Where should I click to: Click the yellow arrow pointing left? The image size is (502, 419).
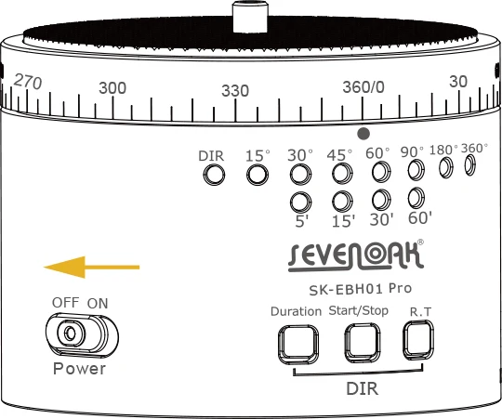pyautogui.click(x=91, y=267)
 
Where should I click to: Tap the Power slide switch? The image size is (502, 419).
pyautogui.click(x=82, y=335)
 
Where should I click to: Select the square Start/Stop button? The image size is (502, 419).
pyautogui.click(x=363, y=343)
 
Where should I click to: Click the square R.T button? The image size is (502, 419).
pyautogui.click(x=418, y=340)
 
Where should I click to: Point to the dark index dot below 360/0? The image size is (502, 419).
pyautogui.click(x=363, y=134)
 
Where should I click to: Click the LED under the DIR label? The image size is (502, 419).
pyautogui.click(x=214, y=175)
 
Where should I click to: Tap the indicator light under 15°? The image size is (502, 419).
pyautogui.click(x=258, y=175)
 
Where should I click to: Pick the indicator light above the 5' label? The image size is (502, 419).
pyautogui.click(x=300, y=203)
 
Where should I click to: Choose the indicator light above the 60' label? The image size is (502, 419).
pyautogui.click(x=416, y=198)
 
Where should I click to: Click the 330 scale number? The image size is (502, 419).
pyautogui.click(x=235, y=91)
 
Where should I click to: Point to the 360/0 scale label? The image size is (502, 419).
pyautogui.click(x=363, y=87)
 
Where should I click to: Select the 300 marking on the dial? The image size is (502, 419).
pyautogui.click(x=112, y=88)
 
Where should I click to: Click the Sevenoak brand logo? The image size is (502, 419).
pyautogui.click(x=356, y=256)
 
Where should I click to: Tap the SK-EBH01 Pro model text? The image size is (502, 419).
pyautogui.click(x=360, y=289)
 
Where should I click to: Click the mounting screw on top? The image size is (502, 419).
pyautogui.click(x=250, y=17)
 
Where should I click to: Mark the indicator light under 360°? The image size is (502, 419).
pyautogui.click(x=470, y=165)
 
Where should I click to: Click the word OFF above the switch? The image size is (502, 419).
pyautogui.click(x=66, y=302)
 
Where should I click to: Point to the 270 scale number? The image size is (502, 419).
pyautogui.click(x=28, y=82)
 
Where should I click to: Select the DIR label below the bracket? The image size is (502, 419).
pyautogui.click(x=363, y=388)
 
